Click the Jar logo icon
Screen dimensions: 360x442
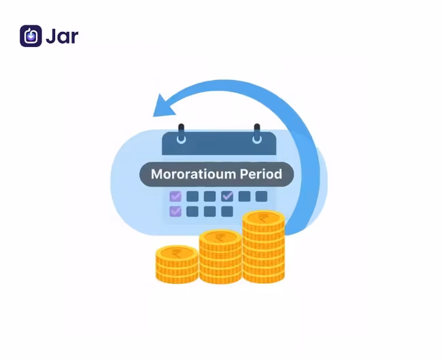(31, 36)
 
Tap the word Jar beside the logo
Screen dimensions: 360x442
(62, 36)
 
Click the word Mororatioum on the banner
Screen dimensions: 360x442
(192, 174)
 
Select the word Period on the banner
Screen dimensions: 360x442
(260, 174)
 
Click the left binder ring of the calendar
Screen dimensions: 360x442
(181, 134)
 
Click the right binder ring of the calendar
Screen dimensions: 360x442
(256, 134)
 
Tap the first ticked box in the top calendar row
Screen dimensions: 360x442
(175, 196)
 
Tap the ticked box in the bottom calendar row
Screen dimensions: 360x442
(175, 211)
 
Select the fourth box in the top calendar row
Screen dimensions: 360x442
(227, 196)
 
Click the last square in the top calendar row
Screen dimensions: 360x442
(261, 196)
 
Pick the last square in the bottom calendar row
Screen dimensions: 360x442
(227, 211)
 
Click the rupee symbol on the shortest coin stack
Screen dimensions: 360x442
(177, 253)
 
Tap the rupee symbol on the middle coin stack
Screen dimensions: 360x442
(220, 238)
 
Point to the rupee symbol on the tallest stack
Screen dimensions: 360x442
(263, 219)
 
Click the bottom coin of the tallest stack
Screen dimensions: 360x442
(263, 275)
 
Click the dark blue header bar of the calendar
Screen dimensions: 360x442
(219, 145)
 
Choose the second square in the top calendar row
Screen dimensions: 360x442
(192, 196)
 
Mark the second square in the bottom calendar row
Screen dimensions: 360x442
(192, 211)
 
